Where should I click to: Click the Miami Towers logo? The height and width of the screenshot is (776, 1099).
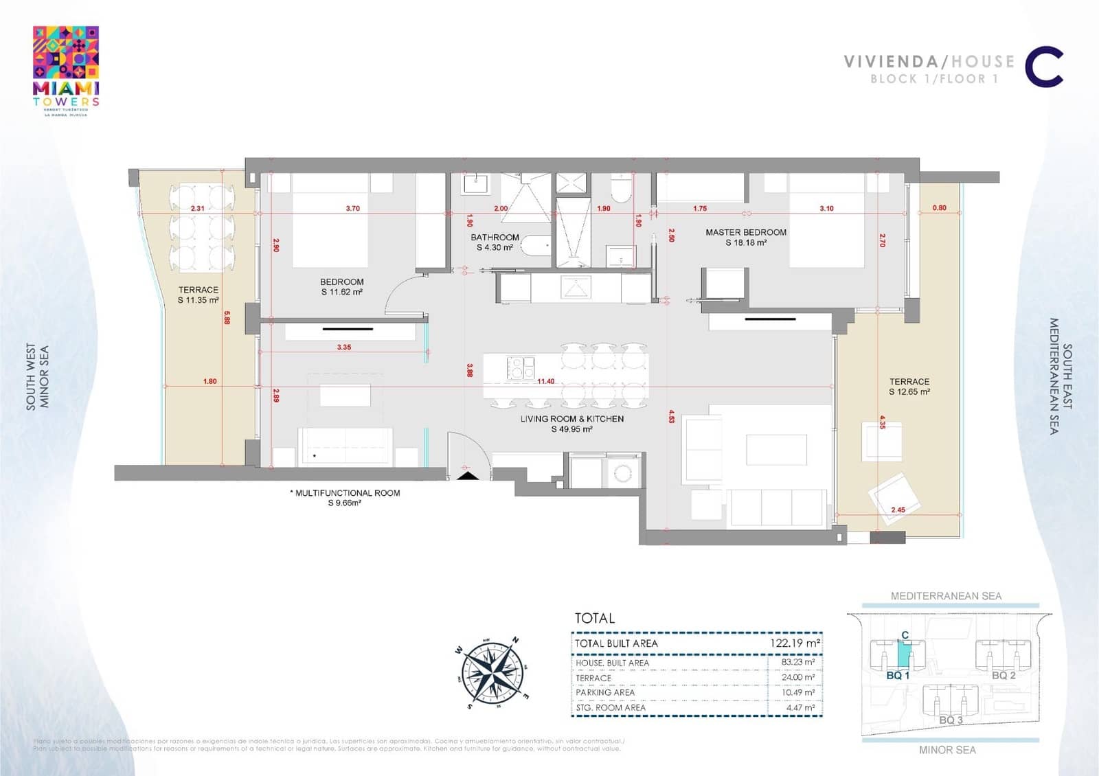coord(66,70)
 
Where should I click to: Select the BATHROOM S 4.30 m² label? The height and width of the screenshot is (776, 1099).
coord(495,242)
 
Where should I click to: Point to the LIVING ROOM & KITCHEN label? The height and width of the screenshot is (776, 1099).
coord(571,424)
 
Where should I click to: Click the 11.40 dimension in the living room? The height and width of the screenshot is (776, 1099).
coord(546,381)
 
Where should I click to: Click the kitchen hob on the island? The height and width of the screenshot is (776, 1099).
coord(521,368)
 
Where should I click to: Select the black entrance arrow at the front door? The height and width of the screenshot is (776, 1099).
coord(467,474)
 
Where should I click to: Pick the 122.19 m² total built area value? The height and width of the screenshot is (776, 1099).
coord(795,643)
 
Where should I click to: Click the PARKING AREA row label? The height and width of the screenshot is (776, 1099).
coord(605,692)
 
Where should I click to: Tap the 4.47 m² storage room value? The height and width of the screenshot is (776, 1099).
coord(800,707)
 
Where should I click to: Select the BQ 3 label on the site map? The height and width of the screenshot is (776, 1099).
coord(951,720)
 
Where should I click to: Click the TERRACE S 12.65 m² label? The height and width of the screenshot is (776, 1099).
coord(909,387)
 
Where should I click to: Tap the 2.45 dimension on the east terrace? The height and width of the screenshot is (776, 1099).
coord(898,510)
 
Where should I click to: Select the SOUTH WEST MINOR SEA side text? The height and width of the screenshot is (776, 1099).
coord(38,377)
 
